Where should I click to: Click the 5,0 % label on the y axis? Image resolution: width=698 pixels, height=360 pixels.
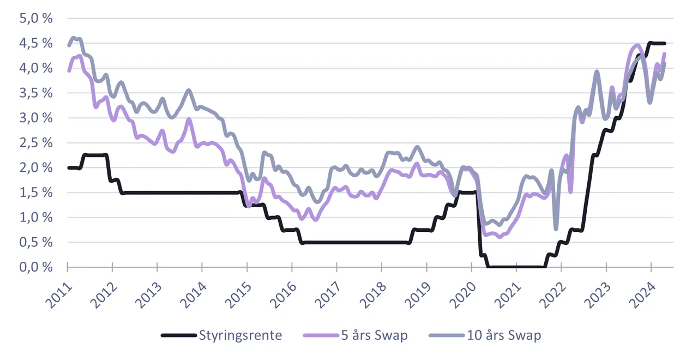[36, 19]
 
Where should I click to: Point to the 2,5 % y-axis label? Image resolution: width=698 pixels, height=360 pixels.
[36, 143]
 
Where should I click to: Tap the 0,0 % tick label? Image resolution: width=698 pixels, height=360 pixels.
[36, 267]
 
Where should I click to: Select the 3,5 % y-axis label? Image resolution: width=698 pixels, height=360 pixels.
[36, 93]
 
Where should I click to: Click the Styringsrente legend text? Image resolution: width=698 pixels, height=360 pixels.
[240, 335]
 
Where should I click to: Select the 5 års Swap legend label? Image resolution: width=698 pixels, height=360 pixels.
[374, 335]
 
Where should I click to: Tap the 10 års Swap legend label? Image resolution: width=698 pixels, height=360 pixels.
[504, 335]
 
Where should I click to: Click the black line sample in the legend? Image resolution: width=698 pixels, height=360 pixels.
[179, 335]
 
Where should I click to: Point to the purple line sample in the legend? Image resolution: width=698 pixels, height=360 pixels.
[321, 335]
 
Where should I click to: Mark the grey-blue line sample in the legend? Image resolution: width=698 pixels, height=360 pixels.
[447, 335]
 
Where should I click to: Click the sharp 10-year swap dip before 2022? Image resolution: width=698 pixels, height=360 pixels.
[556, 229]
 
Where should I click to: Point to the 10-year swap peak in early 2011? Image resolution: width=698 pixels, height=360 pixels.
[74, 38]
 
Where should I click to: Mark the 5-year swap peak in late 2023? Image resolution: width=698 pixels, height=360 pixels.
[637, 45]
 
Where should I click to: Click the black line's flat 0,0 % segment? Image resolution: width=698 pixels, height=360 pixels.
[516, 267]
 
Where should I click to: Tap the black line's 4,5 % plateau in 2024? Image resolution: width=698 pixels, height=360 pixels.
[657, 43]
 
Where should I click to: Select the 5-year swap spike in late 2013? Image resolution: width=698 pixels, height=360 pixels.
[189, 119]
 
